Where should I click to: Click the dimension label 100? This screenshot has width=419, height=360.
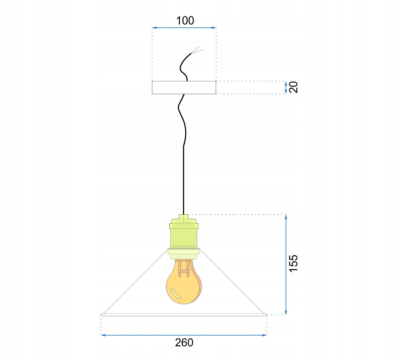(x=185, y=21)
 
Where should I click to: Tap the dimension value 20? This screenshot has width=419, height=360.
(x=294, y=87)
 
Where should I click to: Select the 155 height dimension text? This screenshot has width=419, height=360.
(x=293, y=264)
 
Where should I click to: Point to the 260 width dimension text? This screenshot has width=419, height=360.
(x=184, y=343)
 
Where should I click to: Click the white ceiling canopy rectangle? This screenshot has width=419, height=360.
(x=184, y=88)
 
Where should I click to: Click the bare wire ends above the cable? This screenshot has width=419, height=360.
(x=197, y=50)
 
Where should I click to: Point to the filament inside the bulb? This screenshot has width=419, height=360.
(x=184, y=268)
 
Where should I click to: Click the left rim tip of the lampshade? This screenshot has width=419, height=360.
(x=102, y=315)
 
